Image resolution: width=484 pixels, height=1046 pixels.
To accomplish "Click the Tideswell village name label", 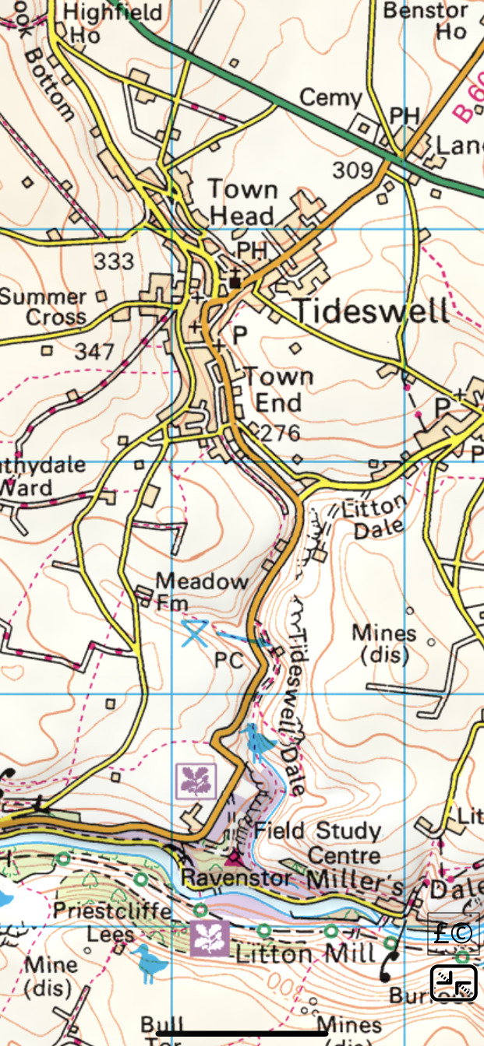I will [372, 311].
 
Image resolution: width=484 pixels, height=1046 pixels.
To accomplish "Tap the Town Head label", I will [242, 202].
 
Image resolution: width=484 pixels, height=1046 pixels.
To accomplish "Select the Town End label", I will [279, 390].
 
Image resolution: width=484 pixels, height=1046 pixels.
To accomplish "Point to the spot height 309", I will [353, 170].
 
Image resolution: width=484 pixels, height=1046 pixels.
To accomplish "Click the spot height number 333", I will [114, 261].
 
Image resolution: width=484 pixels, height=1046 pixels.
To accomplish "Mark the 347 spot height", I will [95, 351].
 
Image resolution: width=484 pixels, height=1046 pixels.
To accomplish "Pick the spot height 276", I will [281, 433].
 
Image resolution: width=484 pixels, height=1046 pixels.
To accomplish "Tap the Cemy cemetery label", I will [331, 98].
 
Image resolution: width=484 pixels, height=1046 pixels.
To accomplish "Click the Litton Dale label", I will [379, 517].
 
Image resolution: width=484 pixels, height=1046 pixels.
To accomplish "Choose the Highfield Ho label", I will [113, 23].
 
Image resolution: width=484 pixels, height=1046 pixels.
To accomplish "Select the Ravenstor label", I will [236, 877].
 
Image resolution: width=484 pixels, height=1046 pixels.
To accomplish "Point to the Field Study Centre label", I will [317, 843].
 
